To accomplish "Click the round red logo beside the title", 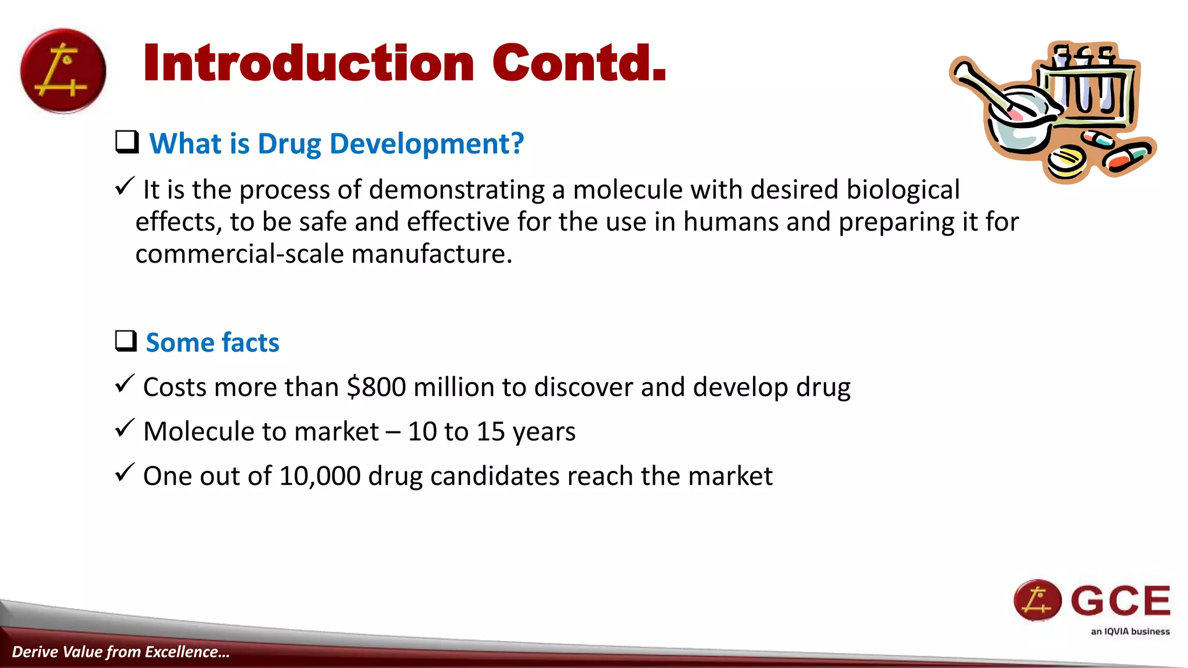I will (x=63, y=71).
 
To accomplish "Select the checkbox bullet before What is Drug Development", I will (x=126, y=142).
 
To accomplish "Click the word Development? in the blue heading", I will (x=426, y=144).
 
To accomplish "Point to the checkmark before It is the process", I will (x=125, y=187).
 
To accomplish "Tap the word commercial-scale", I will (x=240, y=254).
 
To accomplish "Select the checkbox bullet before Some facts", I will (x=126, y=341).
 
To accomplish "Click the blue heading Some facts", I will (x=212, y=342).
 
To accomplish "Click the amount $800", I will (x=376, y=387).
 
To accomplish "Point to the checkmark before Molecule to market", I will (x=125, y=429).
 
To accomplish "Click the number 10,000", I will (x=320, y=476).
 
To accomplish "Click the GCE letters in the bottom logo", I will (x=1120, y=601).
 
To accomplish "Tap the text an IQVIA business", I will (x=1130, y=631).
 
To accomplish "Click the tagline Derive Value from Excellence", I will (x=121, y=652).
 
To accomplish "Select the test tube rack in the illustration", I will (x=1088, y=87).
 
